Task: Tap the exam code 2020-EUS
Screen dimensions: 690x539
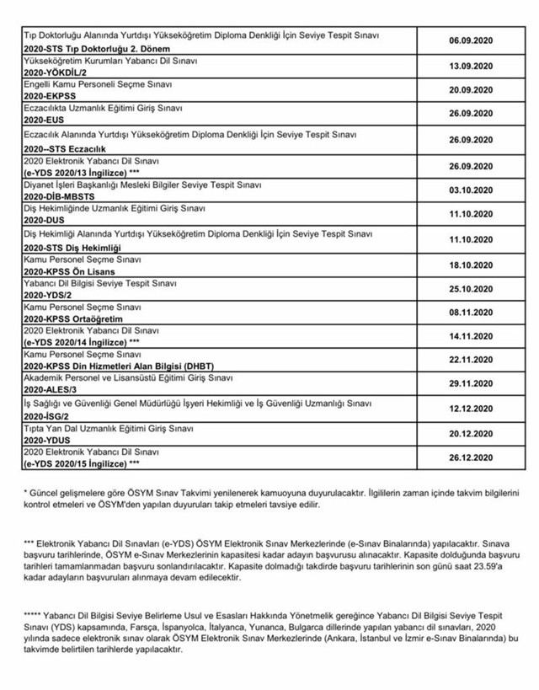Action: (x=43, y=120)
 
